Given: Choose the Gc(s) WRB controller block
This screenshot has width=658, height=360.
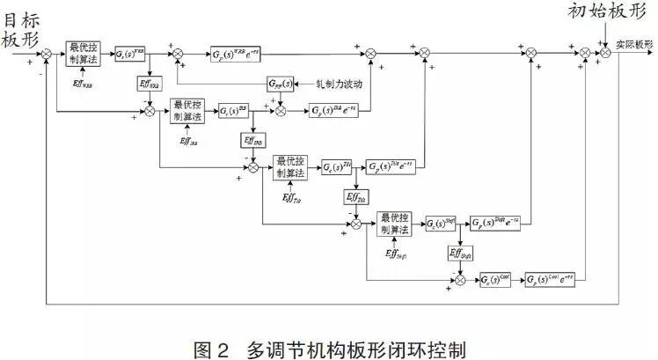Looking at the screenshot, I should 130,55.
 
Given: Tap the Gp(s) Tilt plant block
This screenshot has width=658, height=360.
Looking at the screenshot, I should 391,167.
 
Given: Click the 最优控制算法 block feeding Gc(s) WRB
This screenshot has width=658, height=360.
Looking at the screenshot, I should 84,55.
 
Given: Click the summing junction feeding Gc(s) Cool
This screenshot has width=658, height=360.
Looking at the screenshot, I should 460,282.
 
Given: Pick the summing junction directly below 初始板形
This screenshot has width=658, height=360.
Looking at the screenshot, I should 606,55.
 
